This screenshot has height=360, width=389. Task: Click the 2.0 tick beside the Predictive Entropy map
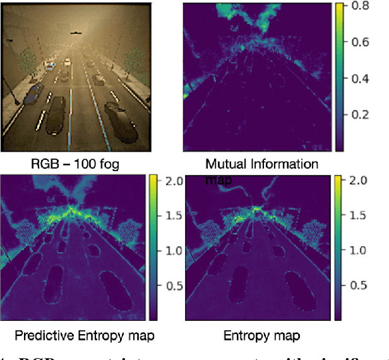[x=172, y=181]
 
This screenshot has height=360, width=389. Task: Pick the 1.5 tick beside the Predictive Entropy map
[x=172, y=215]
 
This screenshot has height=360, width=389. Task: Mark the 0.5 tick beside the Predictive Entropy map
[x=172, y=284]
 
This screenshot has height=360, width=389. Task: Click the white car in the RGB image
[x=67, y=62]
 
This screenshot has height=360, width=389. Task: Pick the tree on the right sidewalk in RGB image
[x=134, y=61]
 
